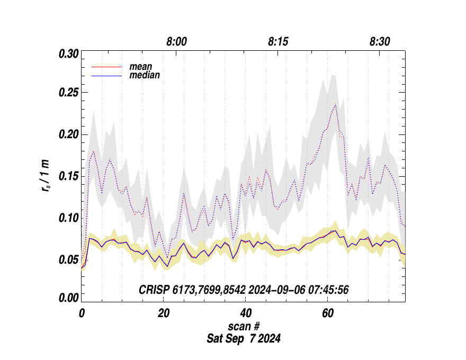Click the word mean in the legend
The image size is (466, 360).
(x=141, y=67)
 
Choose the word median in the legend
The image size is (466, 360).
(x=145, y=75)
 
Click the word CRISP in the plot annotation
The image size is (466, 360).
(x=152, y=290)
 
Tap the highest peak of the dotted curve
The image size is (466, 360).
(x=336, y=104)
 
